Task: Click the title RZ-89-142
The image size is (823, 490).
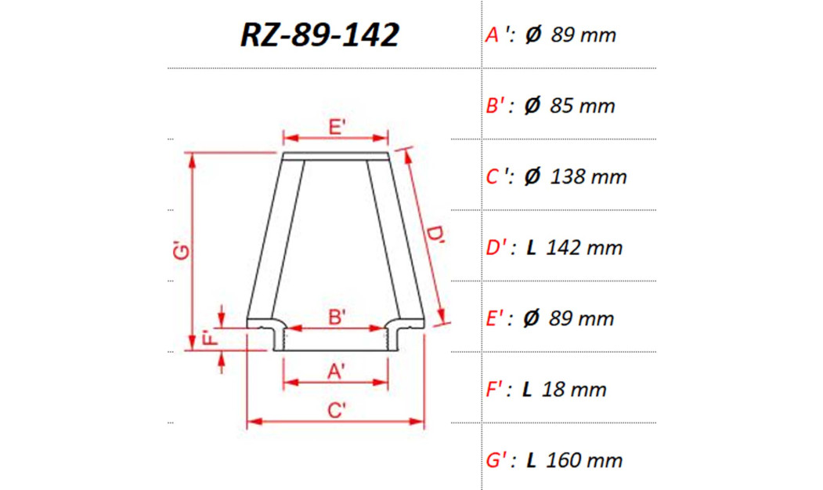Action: pyautogui.click(x=319, y=35)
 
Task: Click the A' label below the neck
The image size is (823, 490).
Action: pyautogui.click(x=337, y=372)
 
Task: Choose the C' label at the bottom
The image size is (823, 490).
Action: pyautogui.click(x=337, y=410)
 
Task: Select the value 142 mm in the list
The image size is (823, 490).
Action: pyautogui.click(x=584, y=248)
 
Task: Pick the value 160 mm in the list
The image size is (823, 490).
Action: pyautogui.click(x=584, y=460)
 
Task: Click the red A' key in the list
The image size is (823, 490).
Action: pyautogui.click(x=496, y=35)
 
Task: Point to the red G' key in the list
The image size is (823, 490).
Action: pyautogui.click(x=496, y=460)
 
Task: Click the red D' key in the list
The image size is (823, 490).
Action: pyautogui.click(x=496, y=248)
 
